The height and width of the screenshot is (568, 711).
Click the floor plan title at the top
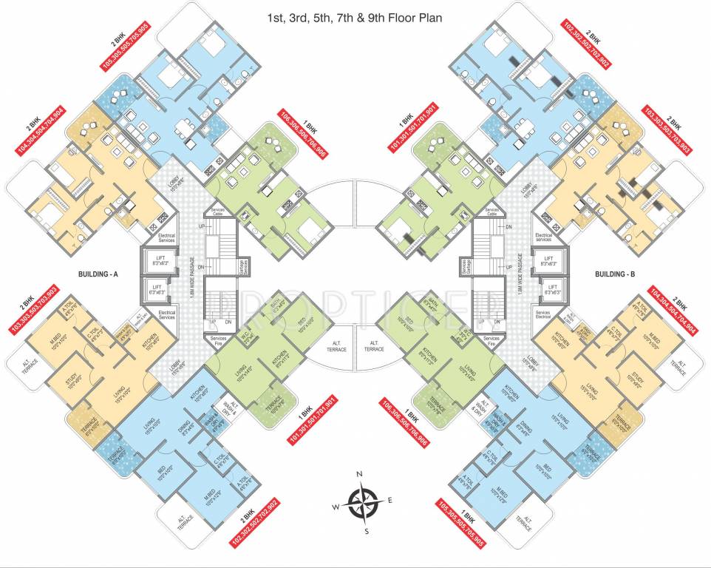click(356, 17)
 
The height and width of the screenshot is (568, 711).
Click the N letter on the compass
click(359, 474)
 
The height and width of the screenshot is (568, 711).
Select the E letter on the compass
click(390, 501)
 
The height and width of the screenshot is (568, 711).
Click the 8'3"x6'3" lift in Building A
click(160, 260)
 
